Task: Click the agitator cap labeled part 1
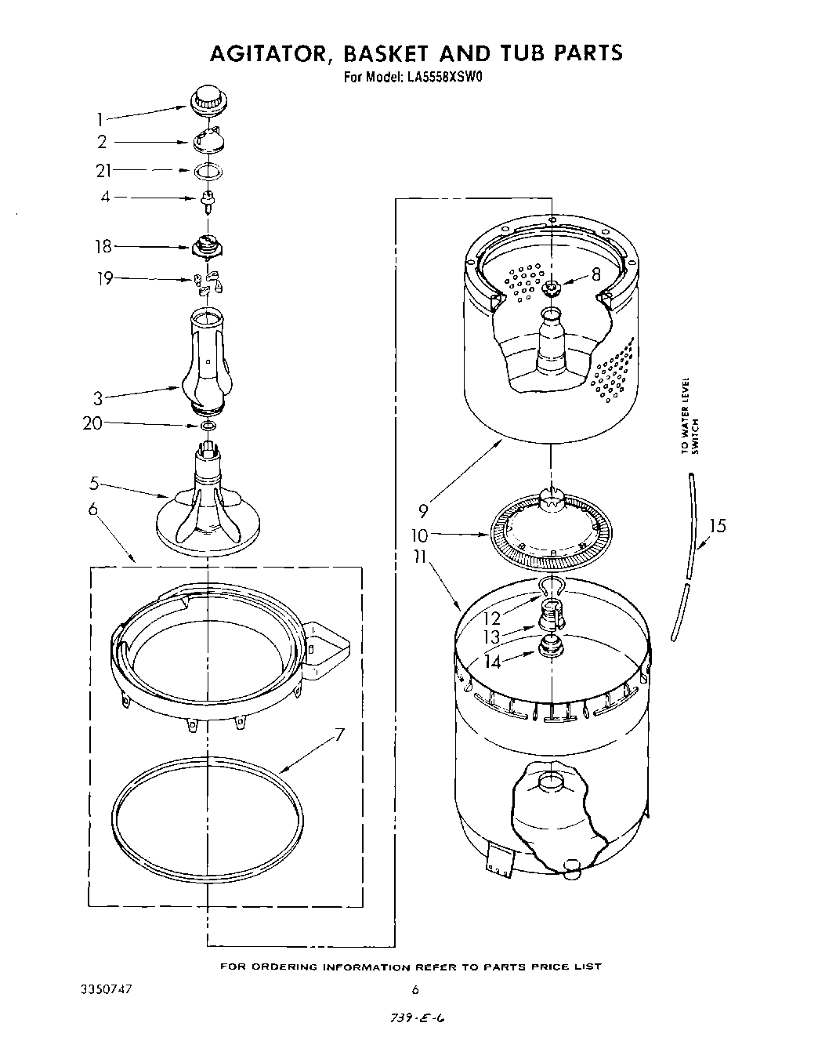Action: pyautogui.click(x=208, y=99)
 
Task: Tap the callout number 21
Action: pyautogui.click(x=104, y=170)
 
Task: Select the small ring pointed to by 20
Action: pyautogui.click(x=208, y=425)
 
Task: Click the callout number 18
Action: pyautogui.click(x=103, y=246)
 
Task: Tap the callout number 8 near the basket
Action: pyautogui.click(x=596, y=274)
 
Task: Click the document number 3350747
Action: pyautogui.click(x=107, y=988)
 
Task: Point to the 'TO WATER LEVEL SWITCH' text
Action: pyautogui.click(x=689, y=415)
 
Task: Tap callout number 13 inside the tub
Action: pyautogui.click(x=491, y=637)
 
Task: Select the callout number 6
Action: pyautogui.click(x=93, y=510)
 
